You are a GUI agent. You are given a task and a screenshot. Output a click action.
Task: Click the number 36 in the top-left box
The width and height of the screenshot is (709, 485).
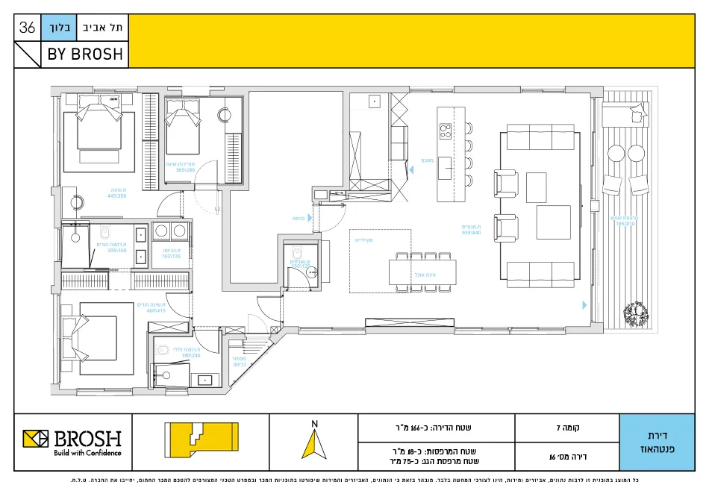[28, 28]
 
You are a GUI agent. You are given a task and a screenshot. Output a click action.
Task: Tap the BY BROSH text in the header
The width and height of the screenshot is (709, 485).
[85, 54]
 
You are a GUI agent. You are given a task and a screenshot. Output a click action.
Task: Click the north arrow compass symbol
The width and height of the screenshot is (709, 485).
[314, 442]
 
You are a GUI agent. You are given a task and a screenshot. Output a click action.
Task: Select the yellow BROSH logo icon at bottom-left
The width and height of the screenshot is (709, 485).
[35, 442]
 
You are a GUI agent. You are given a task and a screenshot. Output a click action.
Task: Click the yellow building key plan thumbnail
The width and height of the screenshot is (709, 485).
[201, 442]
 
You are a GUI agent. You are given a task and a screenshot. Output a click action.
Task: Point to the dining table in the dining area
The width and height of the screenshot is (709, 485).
[422, 272]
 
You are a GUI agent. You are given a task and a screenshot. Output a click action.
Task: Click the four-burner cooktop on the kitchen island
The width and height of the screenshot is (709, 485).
[446, 132]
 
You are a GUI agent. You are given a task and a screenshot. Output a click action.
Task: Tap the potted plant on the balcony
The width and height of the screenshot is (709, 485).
[637, 312]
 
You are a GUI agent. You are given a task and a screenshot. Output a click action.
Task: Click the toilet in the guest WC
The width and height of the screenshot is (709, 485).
[296, 252]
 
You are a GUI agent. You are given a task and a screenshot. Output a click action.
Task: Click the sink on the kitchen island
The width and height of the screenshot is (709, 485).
[445, 163]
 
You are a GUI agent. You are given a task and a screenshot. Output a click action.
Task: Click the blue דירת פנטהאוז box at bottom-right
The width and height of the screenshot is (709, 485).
[657, 442]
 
